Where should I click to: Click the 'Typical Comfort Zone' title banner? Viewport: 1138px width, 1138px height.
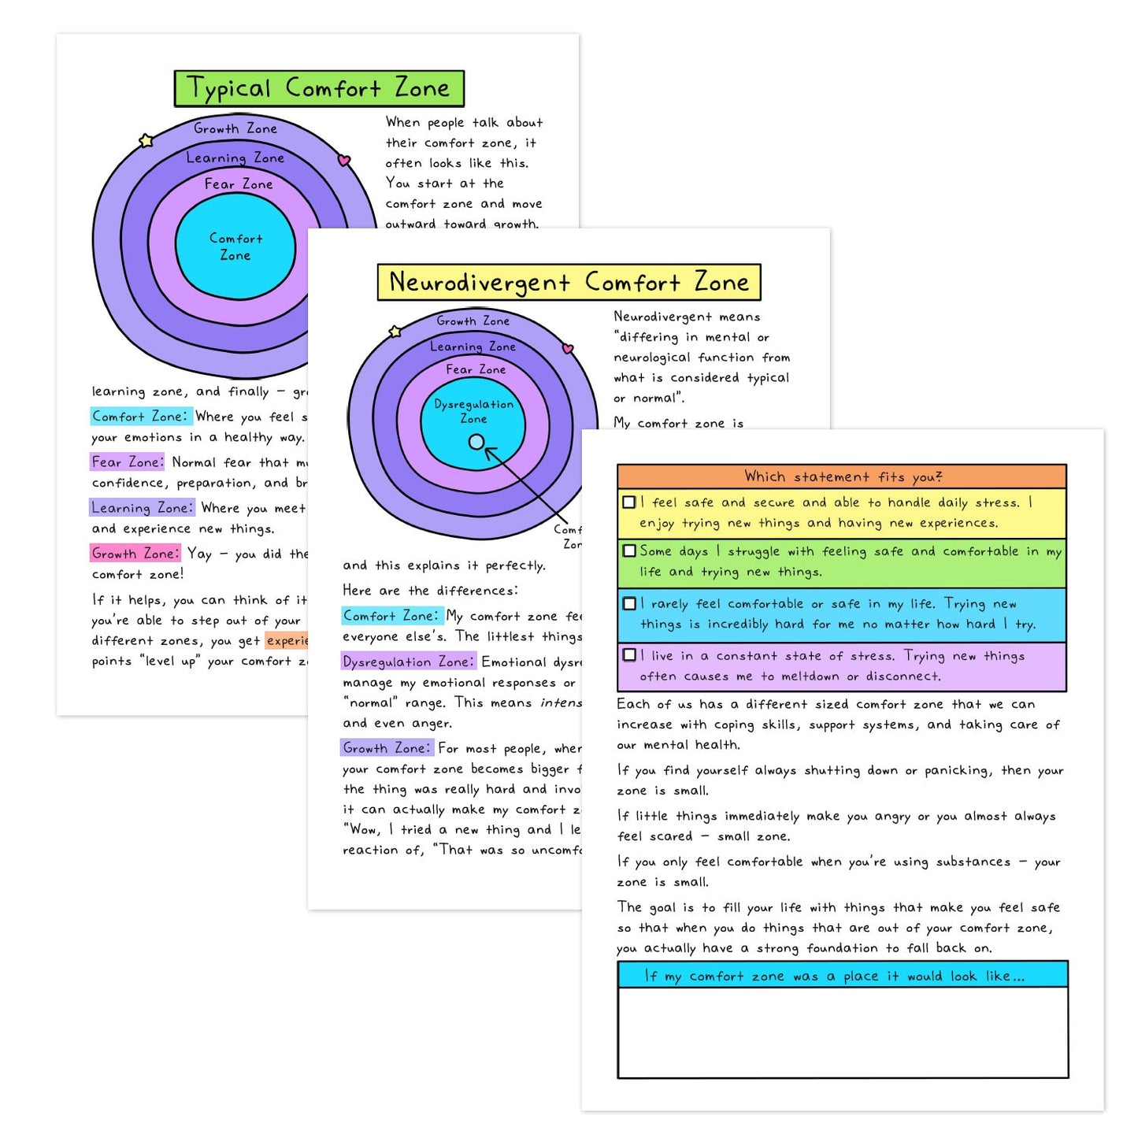pos(318,88)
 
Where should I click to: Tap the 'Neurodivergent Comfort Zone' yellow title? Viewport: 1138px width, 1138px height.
pos(569,282)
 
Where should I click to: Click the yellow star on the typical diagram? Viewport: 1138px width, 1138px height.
pos(146,141)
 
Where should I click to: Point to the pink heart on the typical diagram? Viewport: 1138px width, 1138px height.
pos(343,160)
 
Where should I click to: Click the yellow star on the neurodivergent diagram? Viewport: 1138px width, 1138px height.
pos(395,332)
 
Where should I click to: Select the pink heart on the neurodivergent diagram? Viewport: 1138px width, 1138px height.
pos(568,348)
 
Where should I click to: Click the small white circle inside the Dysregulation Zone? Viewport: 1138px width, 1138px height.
pos(476,442)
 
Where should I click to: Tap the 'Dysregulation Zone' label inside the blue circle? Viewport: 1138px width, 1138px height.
pos(473,411)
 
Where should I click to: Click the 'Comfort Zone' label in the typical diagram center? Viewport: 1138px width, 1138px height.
pos(235,247)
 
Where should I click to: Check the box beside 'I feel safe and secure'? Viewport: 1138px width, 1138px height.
pos(629,502)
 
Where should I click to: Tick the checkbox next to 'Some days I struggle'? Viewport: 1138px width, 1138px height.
pos(629,550)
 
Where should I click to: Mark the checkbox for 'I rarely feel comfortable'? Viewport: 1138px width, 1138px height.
pos(629,603)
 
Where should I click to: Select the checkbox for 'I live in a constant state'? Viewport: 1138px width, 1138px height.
pos(629,654)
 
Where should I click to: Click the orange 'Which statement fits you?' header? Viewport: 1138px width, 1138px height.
pos(842,476)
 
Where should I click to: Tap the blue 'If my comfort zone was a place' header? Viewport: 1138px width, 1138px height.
pos(842,976)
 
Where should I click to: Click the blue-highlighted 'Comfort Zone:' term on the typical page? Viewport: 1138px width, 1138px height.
pos(140,416)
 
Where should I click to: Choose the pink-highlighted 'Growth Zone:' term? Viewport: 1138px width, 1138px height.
pos(135,553)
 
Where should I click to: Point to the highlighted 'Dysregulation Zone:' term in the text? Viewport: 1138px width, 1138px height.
pos(408,662)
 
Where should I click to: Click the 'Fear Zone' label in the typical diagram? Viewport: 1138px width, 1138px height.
pos(239,184)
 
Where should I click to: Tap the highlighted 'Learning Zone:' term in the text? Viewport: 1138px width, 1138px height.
pos(142,508)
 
